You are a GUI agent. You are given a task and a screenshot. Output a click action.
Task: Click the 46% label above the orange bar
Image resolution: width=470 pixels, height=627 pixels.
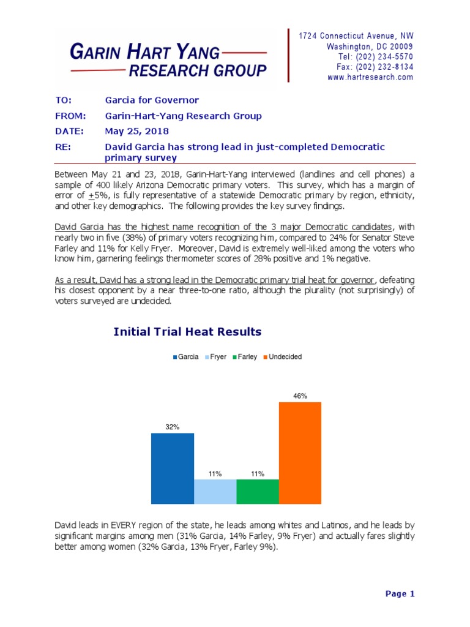pos(300,396)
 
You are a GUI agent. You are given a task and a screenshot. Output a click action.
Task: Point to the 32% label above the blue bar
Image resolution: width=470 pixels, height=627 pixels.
pos(172,427)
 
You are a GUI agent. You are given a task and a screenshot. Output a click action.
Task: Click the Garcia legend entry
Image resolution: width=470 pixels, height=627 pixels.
pos(186,357)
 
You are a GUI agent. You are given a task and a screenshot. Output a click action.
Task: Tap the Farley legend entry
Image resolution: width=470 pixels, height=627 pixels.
pos(245,357)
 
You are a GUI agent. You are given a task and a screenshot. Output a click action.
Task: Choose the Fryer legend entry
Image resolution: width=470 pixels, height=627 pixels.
pos(215,357)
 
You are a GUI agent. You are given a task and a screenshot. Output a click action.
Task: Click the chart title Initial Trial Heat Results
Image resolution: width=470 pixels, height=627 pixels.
pos(187,332)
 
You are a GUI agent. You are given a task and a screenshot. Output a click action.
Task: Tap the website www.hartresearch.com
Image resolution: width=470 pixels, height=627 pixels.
pos(370,78)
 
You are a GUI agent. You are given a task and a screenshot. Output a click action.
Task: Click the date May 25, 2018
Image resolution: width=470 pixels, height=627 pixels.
pos(137,131)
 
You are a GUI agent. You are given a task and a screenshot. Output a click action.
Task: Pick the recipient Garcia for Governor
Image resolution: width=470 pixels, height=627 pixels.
pos(152,100)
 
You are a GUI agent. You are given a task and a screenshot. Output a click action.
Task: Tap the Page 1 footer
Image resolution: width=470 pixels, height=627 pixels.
pos(400,593)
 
